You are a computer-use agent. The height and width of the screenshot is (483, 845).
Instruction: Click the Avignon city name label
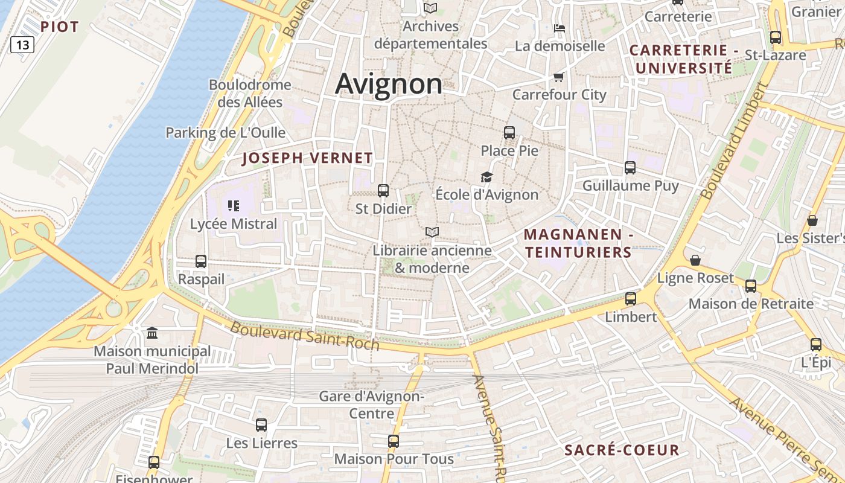[x=389, y=83]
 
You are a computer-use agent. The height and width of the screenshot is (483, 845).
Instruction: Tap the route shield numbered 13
[x=22, y=45]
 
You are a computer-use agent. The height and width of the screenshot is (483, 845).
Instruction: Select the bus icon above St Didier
[x=383, y=191]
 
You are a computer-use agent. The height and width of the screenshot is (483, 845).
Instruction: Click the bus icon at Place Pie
[x=509, y=132]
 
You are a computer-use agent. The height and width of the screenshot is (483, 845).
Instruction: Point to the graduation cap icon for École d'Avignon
[x=486, y=177]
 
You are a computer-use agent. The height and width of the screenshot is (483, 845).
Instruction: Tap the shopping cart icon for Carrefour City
[x=558, y=77]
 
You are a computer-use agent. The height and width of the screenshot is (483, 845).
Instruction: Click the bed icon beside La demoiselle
[x=560, y=28]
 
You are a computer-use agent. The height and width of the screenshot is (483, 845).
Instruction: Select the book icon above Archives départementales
[x=430, y=8]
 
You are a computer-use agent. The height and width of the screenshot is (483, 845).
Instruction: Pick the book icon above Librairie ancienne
[x=432, y=232]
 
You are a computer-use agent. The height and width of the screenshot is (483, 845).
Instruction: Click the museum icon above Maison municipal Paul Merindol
[x=152, y=333]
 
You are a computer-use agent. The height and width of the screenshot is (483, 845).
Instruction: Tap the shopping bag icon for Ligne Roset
[x=695, y=260]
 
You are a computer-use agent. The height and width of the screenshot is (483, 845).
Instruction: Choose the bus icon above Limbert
[x=631, y=298]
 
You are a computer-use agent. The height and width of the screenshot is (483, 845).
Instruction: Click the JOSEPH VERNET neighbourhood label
[x=307, y=158]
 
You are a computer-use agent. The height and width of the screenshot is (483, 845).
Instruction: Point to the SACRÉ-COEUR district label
[x=622, y=450]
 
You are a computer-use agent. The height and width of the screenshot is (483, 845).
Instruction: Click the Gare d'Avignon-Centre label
[x=372, y=405]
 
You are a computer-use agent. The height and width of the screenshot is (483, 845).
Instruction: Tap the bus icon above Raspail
[x=201, y=261]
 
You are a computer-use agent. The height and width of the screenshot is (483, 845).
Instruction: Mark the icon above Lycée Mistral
[x=234, y=206]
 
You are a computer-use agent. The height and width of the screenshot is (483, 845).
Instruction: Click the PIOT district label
[x=60, y=27]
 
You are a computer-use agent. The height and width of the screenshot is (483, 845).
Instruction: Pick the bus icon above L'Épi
[x=816, y=345]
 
